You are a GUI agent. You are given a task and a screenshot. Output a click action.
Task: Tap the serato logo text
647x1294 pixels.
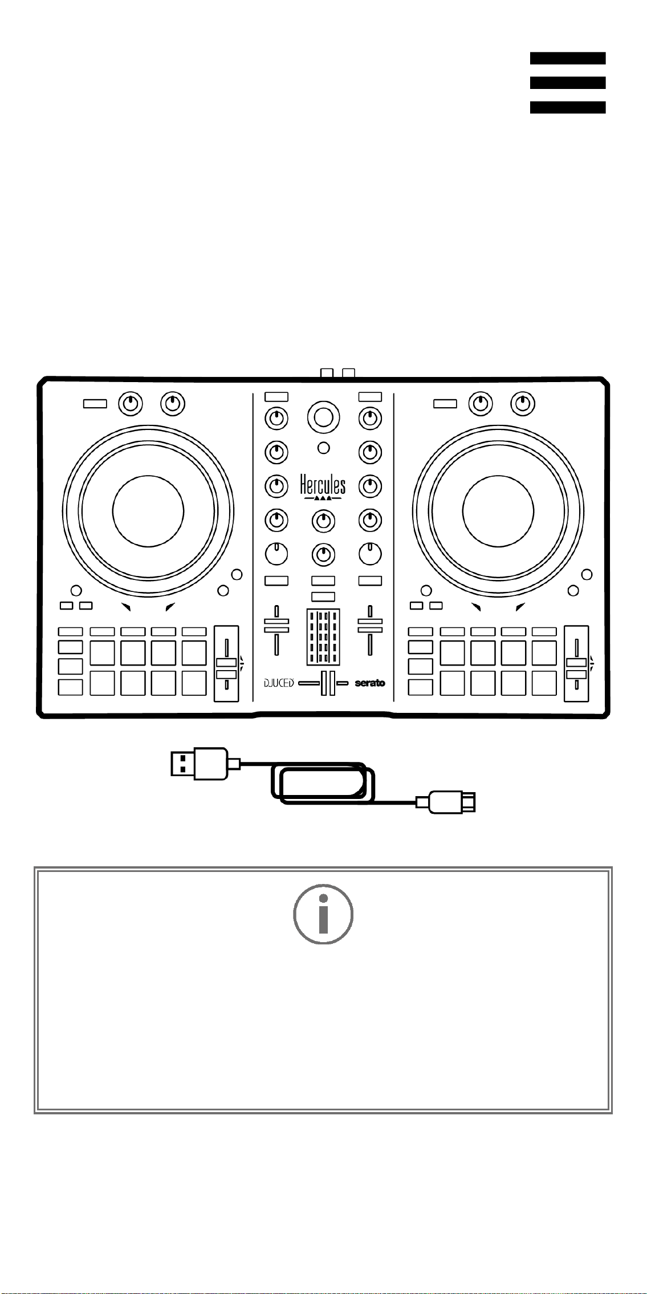click(x=370, y=683)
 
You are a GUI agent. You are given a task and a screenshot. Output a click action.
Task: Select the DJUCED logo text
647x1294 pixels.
click(x=278, y=683)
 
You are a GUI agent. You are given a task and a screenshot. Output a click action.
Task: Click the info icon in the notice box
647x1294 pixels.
click(x=323, y=914)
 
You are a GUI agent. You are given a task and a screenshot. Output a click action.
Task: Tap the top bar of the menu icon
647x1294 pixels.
click(x=568, y=58)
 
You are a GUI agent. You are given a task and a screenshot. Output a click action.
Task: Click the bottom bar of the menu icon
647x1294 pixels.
click(x=568, y=107)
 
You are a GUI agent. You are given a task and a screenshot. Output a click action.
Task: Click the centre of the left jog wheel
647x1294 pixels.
click(x=148, y=510)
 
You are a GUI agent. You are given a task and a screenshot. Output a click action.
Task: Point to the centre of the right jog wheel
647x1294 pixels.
click(x=498, y=510)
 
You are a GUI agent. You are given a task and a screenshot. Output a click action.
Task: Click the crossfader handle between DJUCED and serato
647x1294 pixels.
click(x=328, y=683)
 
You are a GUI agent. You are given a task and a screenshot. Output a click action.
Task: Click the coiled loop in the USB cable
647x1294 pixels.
click(x=323, y=782)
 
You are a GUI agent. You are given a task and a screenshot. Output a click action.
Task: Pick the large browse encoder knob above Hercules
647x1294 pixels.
click(x=323, y=417)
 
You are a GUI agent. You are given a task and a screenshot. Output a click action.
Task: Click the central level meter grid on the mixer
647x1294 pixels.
click(x=323, y=636)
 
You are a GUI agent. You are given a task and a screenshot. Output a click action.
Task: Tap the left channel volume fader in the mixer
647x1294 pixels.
click(x=276, y=630)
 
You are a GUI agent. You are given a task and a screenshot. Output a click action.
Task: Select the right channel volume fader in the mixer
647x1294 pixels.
click(x=370, y=630)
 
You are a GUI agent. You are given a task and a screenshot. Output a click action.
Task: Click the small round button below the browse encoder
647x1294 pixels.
click(x=323, y=448)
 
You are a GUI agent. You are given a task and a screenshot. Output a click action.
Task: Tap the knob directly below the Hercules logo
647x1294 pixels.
click(x=323, y=520)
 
